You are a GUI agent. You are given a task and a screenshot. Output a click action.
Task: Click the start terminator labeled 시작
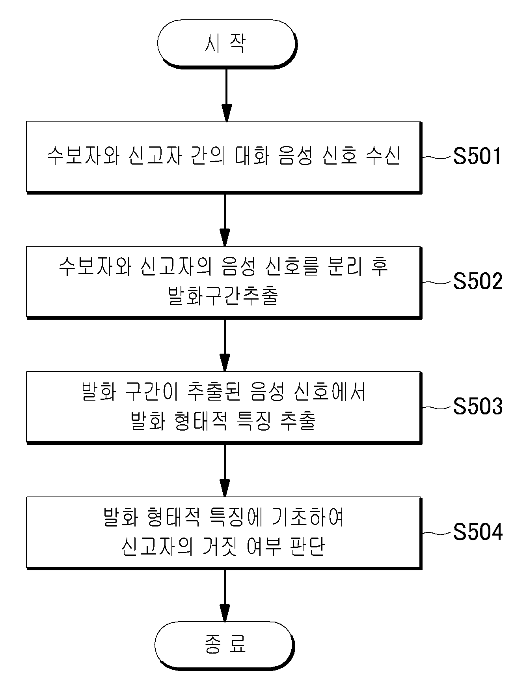click(x=227, y=44)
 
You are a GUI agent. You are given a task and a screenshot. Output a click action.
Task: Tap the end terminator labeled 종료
click(x=225, y=645)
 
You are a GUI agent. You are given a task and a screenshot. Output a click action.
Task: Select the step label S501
click(x=477, y=156)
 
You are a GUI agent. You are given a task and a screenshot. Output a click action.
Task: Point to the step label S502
click(x=477, y=281)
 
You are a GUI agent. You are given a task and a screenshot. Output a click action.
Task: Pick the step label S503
click(x=477, y=406)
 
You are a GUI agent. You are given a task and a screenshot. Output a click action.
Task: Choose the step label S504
click(x=477, y=532)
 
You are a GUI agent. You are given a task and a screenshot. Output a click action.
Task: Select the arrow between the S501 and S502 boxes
click(x=224, y=220)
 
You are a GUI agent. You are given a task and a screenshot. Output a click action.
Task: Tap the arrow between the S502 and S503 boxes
click(x=224, y=345)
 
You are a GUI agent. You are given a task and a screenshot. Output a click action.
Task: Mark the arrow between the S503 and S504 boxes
click(x=224, y=470)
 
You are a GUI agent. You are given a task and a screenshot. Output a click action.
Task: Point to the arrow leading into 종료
click(x=224, y=595)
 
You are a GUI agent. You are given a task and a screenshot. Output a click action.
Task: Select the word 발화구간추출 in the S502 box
click(x=223, y=296)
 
